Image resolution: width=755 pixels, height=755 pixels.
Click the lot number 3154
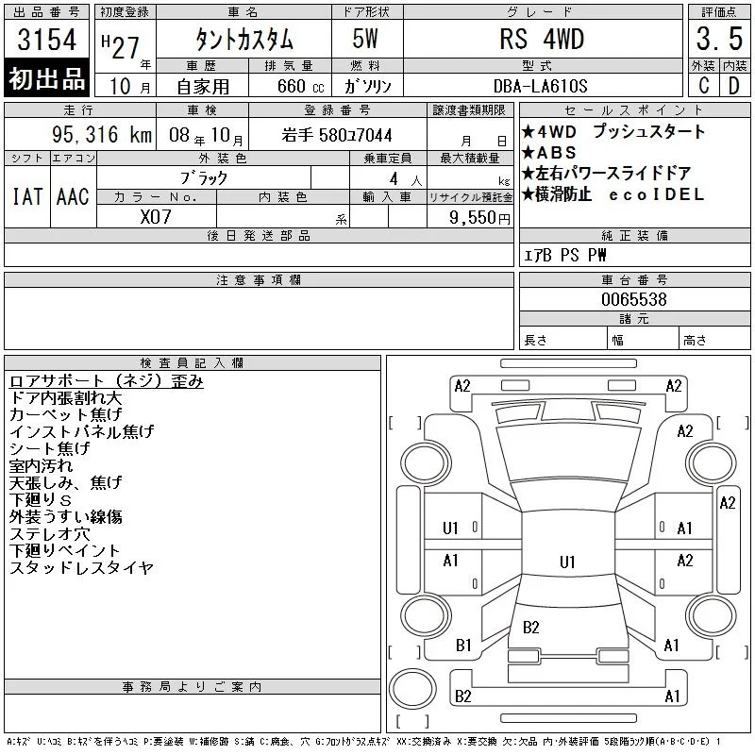pos(46,40)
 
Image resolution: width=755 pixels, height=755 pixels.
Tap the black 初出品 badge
pos(46,78)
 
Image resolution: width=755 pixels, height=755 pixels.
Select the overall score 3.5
pos(719,39)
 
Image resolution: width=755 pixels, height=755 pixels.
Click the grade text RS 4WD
pos(542,39)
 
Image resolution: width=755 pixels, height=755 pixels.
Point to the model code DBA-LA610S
pos(540,86)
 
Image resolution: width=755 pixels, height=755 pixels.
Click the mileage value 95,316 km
pos(102,135)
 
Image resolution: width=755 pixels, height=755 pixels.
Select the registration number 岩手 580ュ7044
pos(337,135)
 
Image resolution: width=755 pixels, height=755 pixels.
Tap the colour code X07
pos(156,217)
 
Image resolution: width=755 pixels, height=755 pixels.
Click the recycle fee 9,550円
pos(479,218)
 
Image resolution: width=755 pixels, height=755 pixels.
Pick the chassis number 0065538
pos(634,299)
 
